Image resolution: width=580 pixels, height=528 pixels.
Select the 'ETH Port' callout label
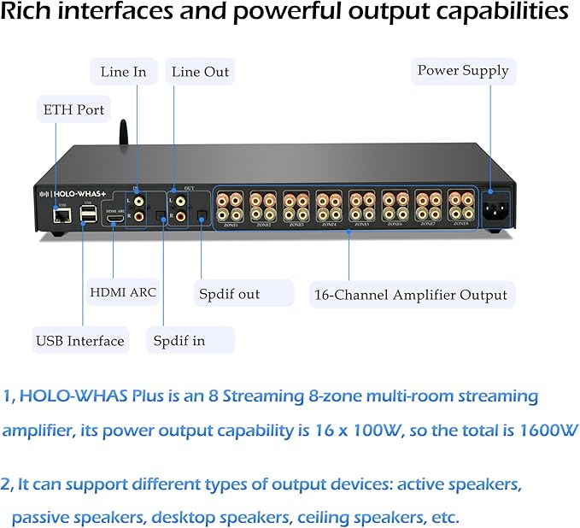[x=73, y=110]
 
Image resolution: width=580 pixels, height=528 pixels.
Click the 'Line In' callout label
[x=123, y=72]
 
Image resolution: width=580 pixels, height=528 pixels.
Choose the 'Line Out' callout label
[x=200, y=72]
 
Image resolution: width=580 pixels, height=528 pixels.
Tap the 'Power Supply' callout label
[x=462, y=71]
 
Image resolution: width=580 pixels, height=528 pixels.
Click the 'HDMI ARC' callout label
[x=123, y=292]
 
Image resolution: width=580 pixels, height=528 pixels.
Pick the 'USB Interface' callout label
[x=79, y=341]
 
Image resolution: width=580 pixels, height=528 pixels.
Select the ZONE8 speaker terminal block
[x=460, y=208]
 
